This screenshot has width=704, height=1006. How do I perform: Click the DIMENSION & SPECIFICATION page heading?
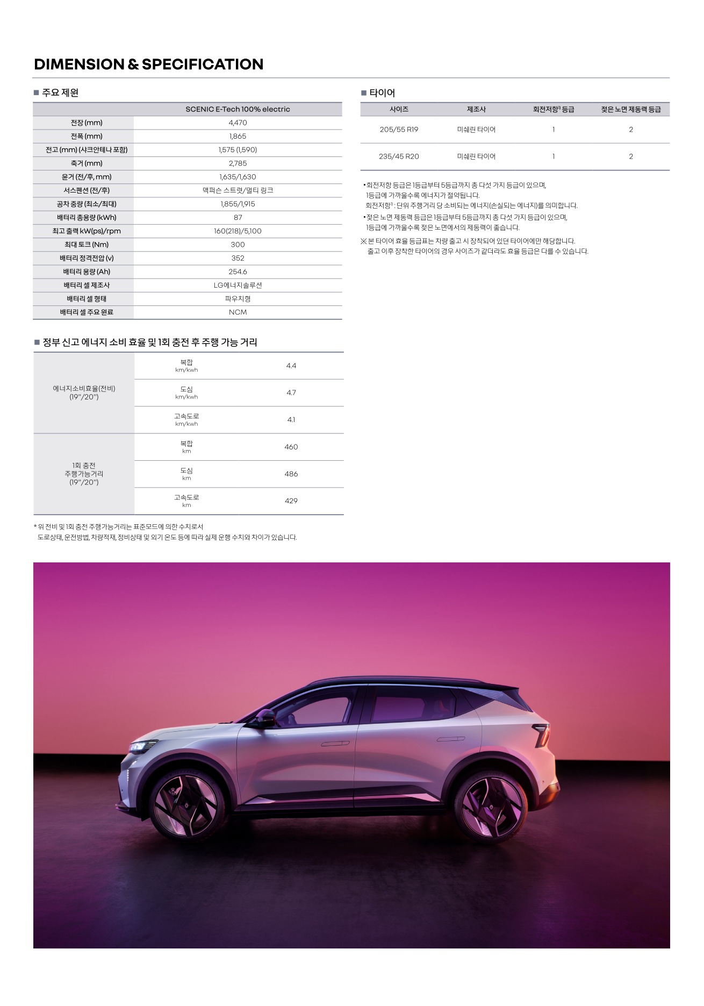click(x=148, y=65)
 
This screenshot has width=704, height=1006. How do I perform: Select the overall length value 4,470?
click(x=238, y=123)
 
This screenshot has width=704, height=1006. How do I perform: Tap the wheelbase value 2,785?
click(x=238, y=163)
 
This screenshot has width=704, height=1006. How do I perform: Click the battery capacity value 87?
click(x=238, y=218)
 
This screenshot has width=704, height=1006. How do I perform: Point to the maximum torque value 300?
click(x=238, y=245)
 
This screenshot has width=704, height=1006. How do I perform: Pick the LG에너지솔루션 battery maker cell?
click(x=238, y=285)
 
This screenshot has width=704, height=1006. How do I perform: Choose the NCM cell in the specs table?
click(x=238, y=312)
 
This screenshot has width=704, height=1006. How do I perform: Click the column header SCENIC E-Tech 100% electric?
click(x=238, y=109)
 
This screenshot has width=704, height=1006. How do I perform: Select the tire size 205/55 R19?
click(x=399, y=130)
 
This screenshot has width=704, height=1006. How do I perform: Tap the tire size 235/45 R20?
click(x=399, y=156)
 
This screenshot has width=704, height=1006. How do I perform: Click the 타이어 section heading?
click(x=382, y=93)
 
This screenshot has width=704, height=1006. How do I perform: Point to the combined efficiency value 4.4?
click(x=291, y=366)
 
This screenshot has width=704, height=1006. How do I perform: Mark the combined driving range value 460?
click(x=291, y=447)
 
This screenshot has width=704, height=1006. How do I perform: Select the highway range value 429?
click(x=291, y=501)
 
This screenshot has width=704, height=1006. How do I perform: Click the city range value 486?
click(x=291, y=474)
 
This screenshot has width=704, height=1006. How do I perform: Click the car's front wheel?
click(x=186, y=804)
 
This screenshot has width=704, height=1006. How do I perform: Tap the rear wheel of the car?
click(x=491, y=804)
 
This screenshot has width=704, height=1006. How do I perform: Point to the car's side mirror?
click(x=264, y=718)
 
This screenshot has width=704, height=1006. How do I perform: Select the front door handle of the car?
click(x=335, y=744)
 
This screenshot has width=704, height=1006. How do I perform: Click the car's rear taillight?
click(x=542, y=733)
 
